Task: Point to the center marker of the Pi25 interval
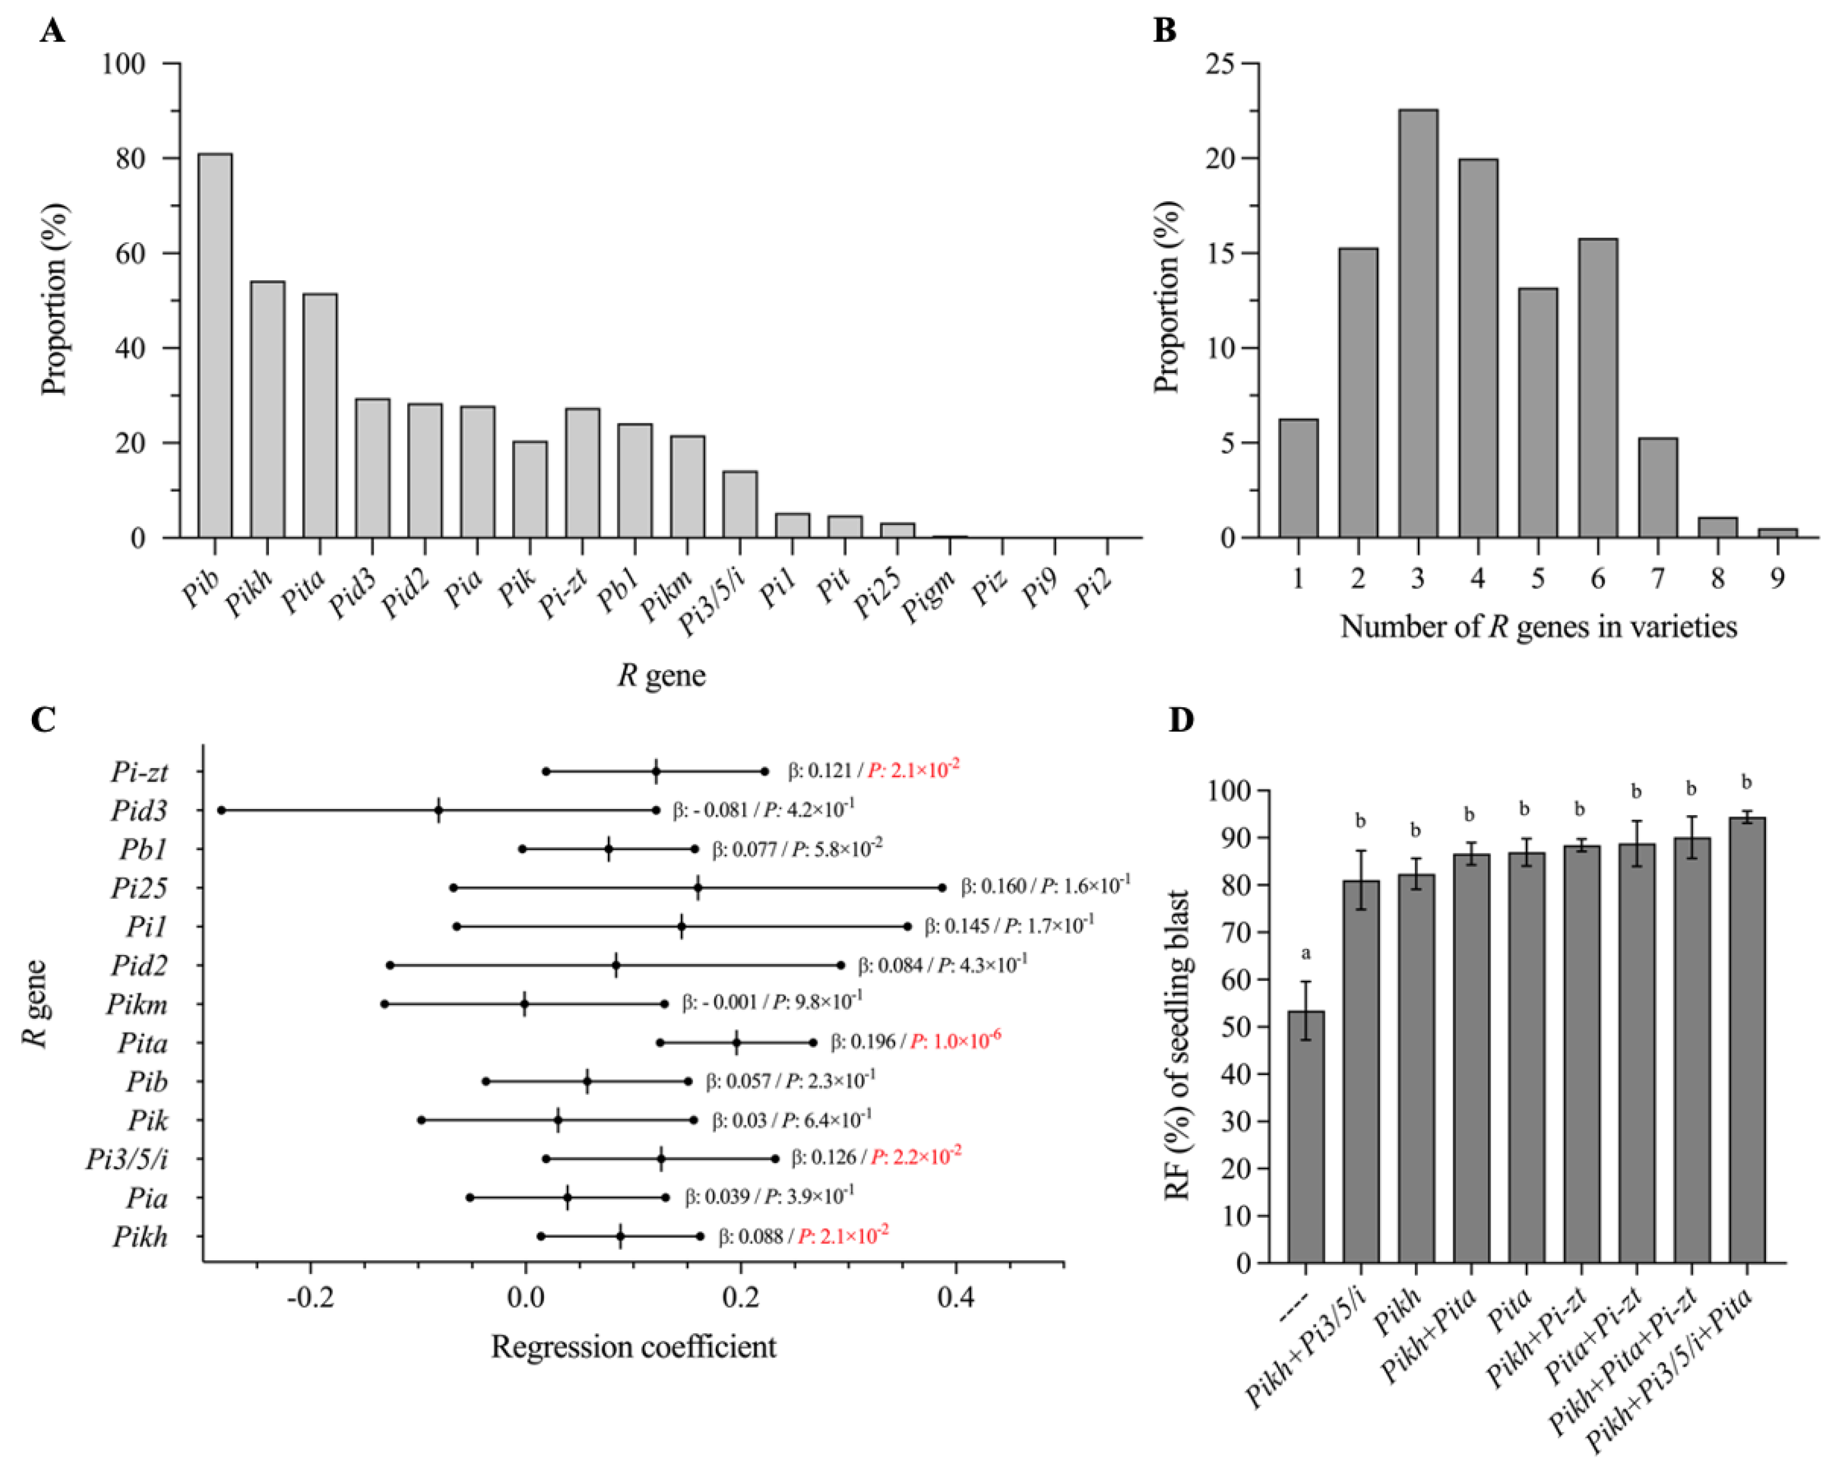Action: pyautogui.click(x=698, y=887)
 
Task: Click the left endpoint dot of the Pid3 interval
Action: pyautogui.click(x=222, y=810)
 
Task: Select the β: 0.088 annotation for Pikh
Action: pyautogui.click(x=750, y=1236)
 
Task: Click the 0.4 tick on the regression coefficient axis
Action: pyautogui.click(x=956, y=1298)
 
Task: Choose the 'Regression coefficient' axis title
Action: pyautogui.click(x=633, y=1347)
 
